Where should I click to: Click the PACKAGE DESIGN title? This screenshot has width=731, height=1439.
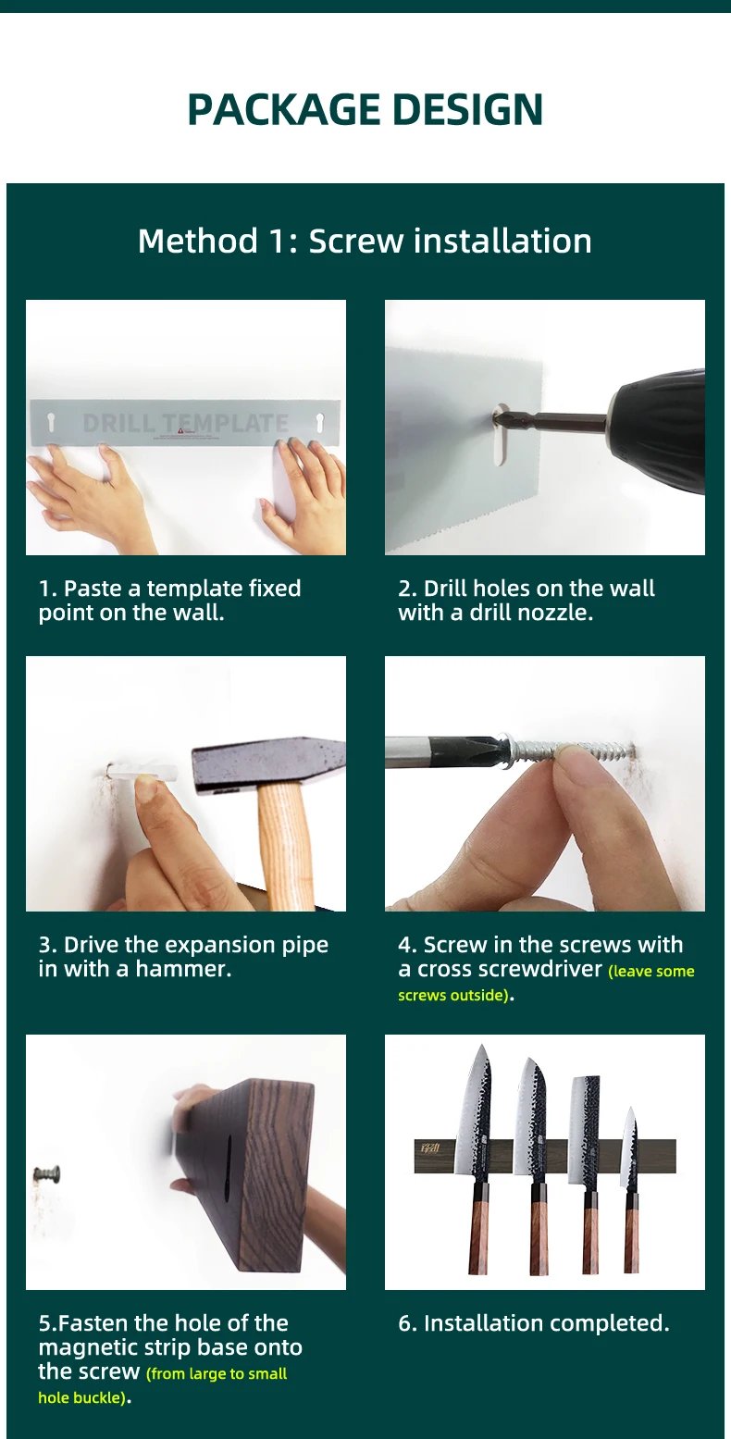(x=365, y=108)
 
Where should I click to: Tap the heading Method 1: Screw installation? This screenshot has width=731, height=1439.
(x=365, y=241)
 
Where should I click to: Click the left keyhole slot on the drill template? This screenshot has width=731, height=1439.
(x=52, y=423)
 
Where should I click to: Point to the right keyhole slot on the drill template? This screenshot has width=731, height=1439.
(x=319, y=422)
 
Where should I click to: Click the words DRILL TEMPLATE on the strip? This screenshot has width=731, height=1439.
(x=186, y=423)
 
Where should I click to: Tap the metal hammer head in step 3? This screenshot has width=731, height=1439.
(x=268, y=765)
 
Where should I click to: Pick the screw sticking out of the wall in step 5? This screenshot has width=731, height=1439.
(x=47, y=1175)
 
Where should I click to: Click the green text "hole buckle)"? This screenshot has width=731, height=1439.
(x=83, y=1397)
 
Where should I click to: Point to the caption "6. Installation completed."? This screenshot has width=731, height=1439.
(x=533, y=1322)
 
